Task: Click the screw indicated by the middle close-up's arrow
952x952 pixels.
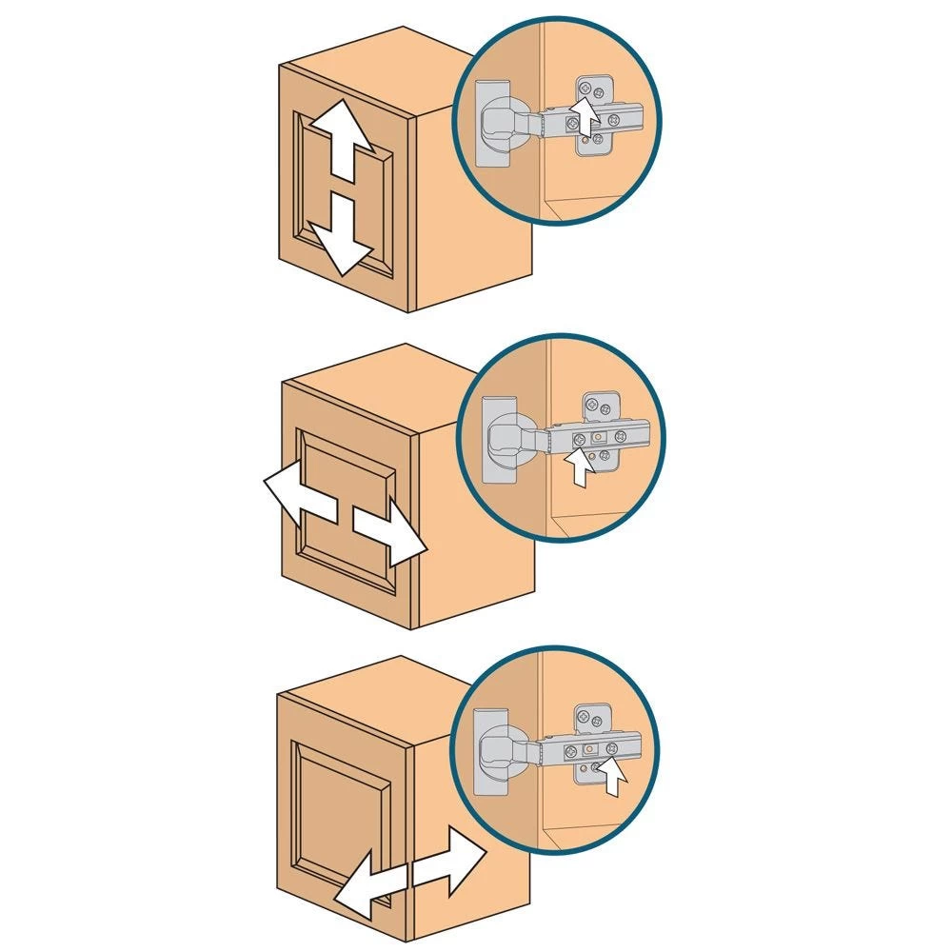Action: (x=579, y=440)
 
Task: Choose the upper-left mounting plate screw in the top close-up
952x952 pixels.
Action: (x=584, y=87)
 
